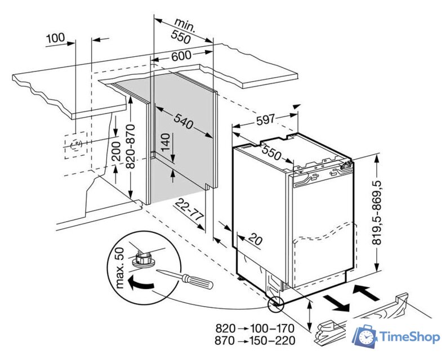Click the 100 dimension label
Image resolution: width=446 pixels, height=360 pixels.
(55, 38)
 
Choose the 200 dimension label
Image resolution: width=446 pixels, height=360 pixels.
(117, 150)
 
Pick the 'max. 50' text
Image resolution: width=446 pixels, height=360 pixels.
(119, 267)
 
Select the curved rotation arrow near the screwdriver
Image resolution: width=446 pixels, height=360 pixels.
(140, 284)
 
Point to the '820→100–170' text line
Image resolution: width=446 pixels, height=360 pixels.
(255, 327)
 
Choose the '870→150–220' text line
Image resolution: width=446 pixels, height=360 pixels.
(255, 340)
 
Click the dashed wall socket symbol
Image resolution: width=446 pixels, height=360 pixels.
(74, 146)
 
